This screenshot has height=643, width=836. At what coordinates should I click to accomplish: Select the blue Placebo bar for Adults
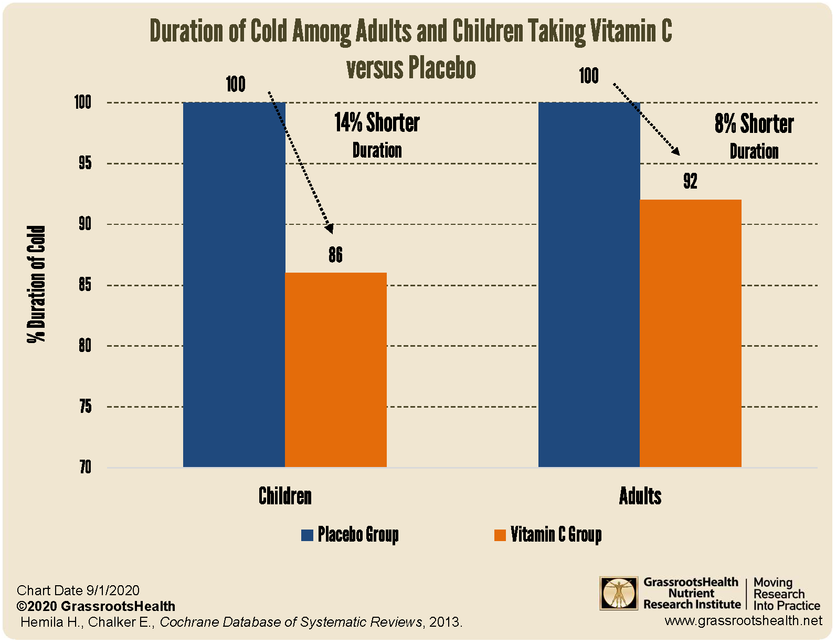tap(589, 284)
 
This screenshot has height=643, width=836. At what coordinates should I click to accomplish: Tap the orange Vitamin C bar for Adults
tap(691, 333)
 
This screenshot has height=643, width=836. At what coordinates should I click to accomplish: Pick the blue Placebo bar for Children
tap(234, 284)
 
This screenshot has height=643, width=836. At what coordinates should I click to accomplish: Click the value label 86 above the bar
tap(336, 255)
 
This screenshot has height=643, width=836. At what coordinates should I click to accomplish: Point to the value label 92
tap(690, 181)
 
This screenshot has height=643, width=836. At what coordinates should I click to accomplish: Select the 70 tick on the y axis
tap(85, 467)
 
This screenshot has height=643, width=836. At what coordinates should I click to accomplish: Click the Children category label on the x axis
tap(285, 496)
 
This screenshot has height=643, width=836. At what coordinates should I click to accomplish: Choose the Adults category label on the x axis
tap(640, 496)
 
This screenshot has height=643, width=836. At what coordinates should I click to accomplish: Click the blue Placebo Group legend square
tap(307, 535)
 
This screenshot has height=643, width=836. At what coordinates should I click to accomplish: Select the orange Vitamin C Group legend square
tap(500, 535)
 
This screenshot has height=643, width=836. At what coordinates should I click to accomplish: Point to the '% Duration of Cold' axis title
tap(37, 284)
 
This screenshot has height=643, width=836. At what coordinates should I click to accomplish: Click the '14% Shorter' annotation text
tap(377, 123)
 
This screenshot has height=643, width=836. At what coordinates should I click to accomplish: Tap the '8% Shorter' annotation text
tap(754, 124)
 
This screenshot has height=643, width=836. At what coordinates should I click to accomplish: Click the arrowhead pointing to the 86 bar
tap(329, 228)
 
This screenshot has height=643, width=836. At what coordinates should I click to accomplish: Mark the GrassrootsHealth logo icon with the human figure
tap(619, 593)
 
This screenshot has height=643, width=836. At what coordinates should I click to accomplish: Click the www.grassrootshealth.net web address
tap(743, 620)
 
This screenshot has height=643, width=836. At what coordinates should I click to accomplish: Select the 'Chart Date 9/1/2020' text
tap(78, 590)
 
